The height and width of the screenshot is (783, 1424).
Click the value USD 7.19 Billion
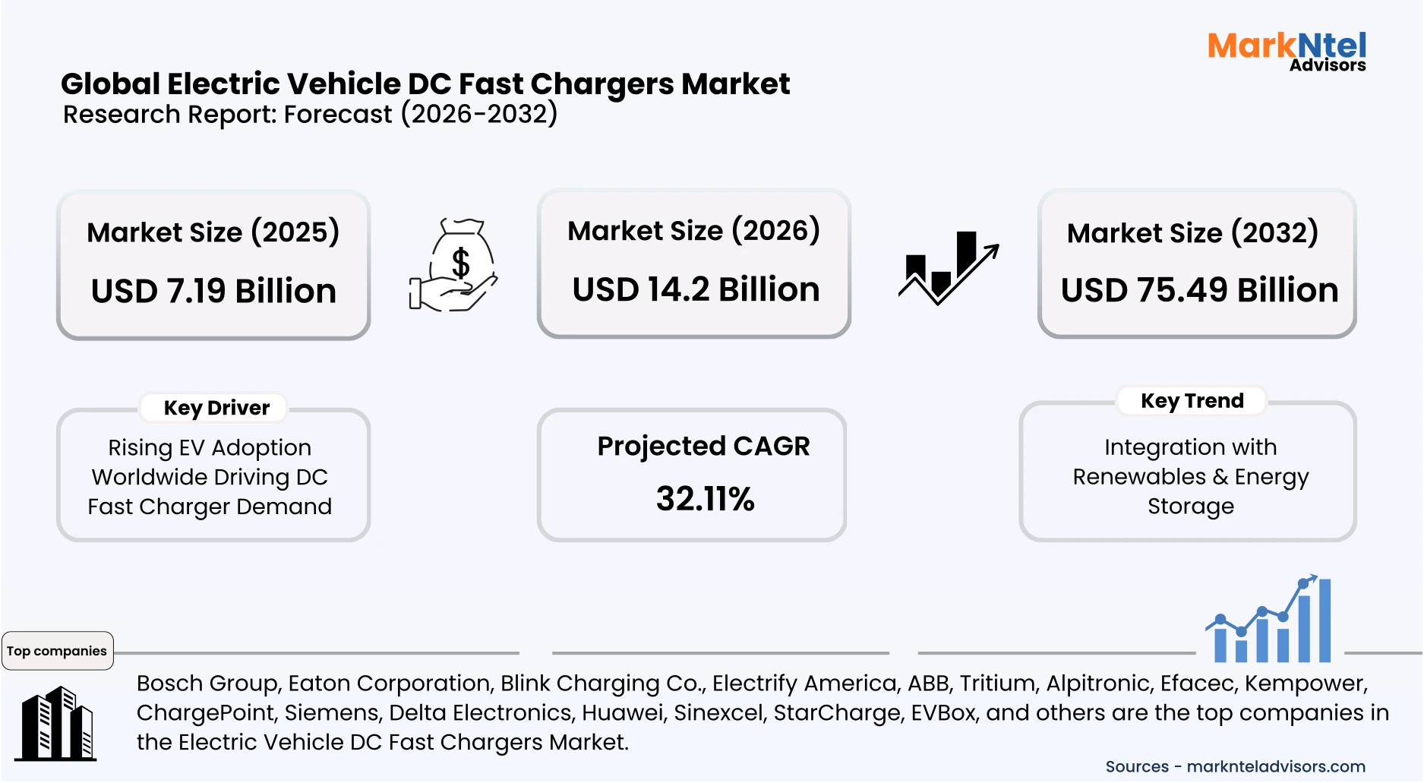pyautogui.click(x=213, y=291)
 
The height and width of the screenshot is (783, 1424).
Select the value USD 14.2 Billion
pyautogui.click(x=696, y=289)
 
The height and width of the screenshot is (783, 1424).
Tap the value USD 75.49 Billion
pyautogui.click(x=1199, y=290)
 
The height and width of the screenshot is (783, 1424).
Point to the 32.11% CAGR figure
pyautogui.click(x=705, y=499)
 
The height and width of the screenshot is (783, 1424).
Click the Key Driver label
pyautogui.click(x=216, y=408)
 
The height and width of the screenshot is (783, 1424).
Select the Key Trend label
pyautogui.click(x=1192, y=400)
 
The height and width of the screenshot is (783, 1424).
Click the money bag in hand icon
pyautogui.click(x=453, y=265)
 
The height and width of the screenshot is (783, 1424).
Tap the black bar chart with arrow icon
pyautogui.click(x=948, y=267)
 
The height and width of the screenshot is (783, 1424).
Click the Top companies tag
pyautogui.click(x=57, y=651)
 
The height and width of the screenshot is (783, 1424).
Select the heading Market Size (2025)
pyautogui.click(x=213, y=232)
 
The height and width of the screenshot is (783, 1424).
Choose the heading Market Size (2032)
pyautogui.click(x=1192, y=232)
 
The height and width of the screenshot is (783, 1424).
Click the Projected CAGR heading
pyautogui.click(x=703, y=446)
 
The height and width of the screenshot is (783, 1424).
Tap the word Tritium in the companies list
pyautogui.click(x=997, y=683)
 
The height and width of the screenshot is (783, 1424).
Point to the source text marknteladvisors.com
pyautogui.click(x=1275, y=766)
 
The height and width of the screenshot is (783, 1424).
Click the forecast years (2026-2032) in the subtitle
pyautogui.click(x=479, y=114)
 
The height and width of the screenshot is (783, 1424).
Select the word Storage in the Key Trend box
pyautogui.click(x=1190, y=506)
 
